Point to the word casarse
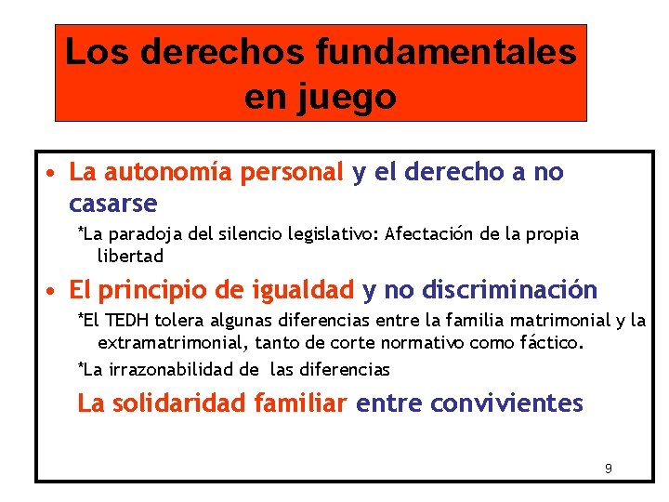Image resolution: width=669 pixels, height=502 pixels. (113, 203)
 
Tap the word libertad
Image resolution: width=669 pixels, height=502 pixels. (130, 256)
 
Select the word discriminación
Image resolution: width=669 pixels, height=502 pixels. (506, 291)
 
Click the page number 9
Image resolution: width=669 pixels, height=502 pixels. (608, 468)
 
